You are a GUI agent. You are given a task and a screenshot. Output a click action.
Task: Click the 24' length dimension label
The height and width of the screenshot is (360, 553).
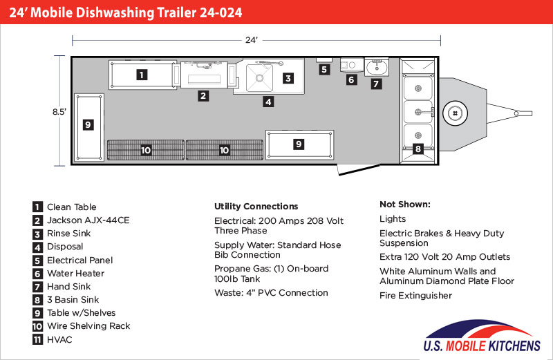(252, 40)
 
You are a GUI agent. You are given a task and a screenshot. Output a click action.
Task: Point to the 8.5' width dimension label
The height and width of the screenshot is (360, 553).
(59, 112)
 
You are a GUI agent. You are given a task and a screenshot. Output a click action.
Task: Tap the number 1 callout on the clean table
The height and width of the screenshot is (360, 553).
(142, 75)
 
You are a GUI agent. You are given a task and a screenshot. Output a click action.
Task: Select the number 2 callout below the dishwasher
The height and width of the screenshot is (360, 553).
(203, 95)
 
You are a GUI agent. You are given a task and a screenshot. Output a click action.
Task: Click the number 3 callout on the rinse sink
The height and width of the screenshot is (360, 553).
(288, 78)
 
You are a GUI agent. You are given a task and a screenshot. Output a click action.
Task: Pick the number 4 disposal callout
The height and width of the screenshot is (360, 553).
(268, 102)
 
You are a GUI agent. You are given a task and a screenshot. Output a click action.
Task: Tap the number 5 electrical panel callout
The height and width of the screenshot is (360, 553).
(324, 70)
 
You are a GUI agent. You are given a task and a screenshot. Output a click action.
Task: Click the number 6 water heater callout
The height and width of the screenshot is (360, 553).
(351, 79)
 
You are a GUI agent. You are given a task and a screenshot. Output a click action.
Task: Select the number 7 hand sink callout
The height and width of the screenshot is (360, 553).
(376, 84)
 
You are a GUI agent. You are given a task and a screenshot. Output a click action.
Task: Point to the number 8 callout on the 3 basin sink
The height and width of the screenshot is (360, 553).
(418, 149)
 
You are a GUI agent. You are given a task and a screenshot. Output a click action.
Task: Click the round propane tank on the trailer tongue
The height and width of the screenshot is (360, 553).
(456, 113)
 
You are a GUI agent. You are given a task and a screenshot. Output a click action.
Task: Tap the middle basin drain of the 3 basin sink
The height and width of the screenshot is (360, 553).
(418, 112)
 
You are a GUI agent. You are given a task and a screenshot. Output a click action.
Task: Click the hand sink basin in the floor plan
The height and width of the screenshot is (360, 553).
(377, 67)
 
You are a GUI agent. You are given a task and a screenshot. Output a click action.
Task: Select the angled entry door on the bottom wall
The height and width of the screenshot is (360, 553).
(359, 169)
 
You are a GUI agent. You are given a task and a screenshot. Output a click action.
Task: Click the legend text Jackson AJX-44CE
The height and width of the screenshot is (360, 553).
(88, 220)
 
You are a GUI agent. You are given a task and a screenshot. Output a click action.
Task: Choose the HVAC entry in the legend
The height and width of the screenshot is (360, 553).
(59, 339)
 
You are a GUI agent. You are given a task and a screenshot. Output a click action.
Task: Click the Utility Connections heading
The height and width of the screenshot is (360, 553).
(256, 207)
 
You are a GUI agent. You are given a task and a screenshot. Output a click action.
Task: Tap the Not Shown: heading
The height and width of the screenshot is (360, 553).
(405, 204)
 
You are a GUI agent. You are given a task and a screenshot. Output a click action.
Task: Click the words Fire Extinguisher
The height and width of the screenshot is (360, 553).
(416, 296)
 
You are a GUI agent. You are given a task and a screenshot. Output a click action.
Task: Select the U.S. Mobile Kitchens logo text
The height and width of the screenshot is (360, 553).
(482, 345)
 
